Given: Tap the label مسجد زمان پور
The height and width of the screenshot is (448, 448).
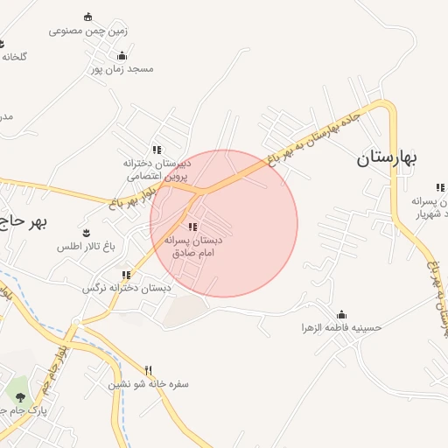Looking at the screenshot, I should (123, 68).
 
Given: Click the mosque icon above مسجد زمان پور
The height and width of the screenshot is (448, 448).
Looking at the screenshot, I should (122, 55).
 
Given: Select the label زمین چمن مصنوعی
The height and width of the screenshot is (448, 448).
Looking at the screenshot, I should (88, 30).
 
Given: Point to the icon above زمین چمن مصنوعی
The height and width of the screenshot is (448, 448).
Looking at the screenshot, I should (87, 17).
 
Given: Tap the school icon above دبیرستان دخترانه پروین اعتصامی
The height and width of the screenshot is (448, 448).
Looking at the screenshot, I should (157, 150).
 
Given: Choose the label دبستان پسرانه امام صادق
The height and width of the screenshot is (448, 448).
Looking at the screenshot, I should (193, 246).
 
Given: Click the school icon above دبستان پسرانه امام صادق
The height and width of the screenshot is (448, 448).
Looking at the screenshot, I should (193, 227).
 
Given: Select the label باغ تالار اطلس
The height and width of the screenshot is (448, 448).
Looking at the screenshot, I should (86, 247).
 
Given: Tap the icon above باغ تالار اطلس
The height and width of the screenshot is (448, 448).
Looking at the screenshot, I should (86, 232).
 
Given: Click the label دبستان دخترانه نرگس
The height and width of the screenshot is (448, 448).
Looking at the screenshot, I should (127, 288).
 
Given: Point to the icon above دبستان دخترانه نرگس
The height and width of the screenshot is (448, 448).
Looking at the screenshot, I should (127, 275).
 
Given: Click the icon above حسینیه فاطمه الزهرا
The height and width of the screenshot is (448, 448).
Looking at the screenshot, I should (341, 314).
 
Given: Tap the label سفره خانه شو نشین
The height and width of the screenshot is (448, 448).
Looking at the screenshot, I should (149, 383).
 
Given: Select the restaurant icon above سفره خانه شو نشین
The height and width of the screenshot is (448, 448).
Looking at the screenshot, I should (149, 370).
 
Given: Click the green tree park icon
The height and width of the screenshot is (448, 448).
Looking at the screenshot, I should (20, 396).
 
